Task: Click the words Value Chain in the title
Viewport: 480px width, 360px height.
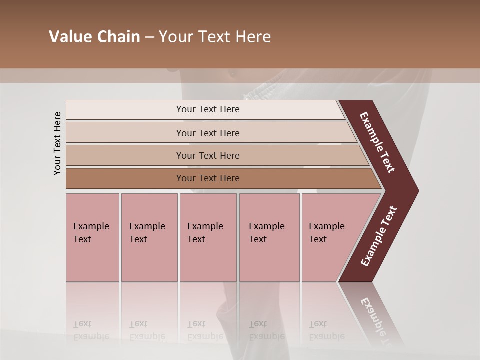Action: click(94, 37)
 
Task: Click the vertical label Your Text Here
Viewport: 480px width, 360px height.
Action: click(58, 143)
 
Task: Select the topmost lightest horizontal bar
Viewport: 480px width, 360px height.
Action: click(150, 109)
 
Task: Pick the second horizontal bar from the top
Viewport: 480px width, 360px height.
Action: click(150, 133)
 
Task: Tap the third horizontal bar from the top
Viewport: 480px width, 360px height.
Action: click(150, 155)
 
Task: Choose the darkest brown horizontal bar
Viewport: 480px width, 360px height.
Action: click(150, 178)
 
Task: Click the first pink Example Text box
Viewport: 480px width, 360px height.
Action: click(92, 237)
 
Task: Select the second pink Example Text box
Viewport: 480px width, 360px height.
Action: click(149, 237)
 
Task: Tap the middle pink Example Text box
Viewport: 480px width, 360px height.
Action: click(208, 237)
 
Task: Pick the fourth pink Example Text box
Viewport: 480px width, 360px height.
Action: click(269, 237)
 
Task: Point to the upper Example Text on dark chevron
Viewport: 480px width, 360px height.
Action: click(377, 142)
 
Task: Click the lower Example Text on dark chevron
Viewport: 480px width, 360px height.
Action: click(379, 236)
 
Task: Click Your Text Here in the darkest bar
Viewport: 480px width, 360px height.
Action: click(208, 178)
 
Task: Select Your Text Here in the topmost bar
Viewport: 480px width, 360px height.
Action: click(208, 109)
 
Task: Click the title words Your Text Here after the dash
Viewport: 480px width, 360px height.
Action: click(215, 37)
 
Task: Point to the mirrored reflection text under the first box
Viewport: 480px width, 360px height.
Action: click(91, 330)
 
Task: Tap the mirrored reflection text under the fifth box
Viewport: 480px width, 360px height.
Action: click(326, 330)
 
